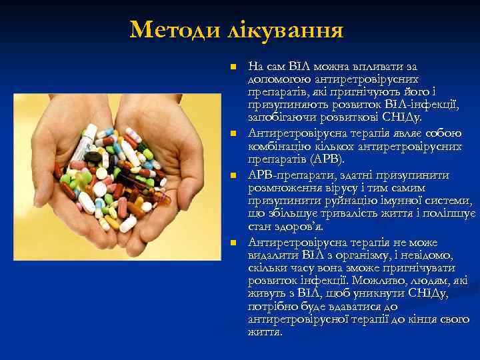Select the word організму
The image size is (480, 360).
[x=373, y=255]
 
